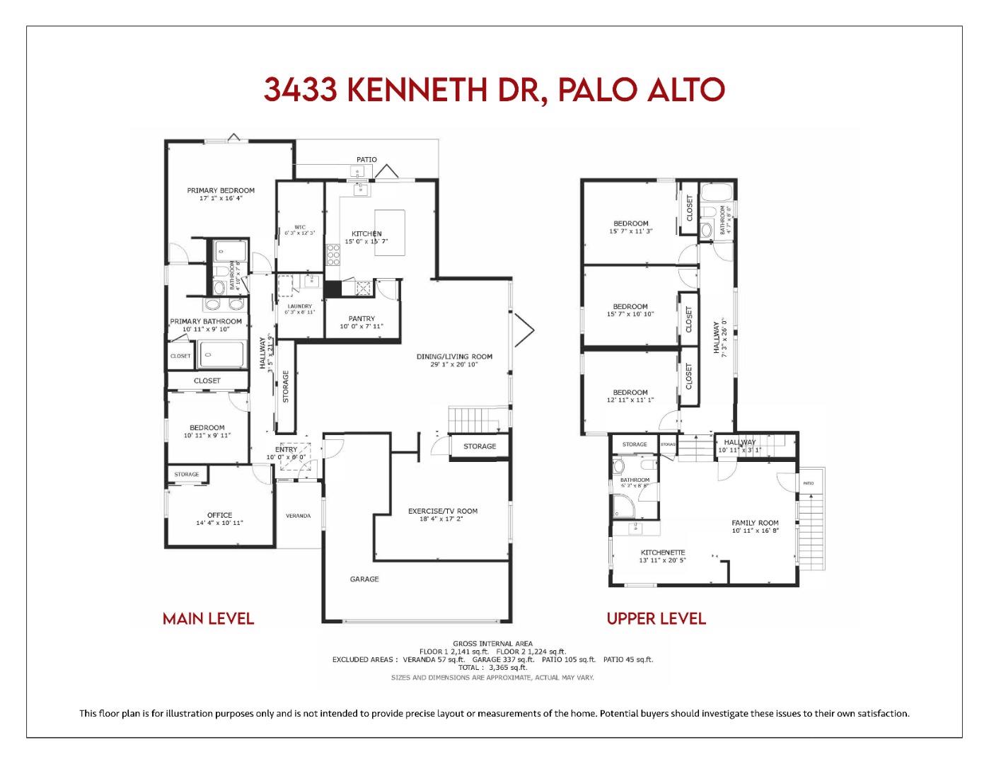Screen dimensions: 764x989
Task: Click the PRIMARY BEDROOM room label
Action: click(x=220, y=190)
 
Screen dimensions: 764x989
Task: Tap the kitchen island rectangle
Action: click(x=390, y=232)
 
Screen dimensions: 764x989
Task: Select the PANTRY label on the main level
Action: click(x=362, y=318)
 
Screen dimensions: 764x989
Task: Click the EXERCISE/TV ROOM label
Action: click(x=442, y=511)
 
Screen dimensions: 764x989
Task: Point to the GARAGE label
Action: click(x=364, y=579)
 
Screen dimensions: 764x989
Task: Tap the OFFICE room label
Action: click(x=219, y=515)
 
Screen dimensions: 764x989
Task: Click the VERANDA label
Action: click(x=298, y=516)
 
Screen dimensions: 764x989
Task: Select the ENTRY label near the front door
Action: click(x=286, y=449)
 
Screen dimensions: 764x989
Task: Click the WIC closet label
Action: click(x=300, y=227)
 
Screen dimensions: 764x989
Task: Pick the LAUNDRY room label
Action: click(x=299, y=306)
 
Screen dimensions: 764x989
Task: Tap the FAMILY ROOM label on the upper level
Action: click(x=755, y=523)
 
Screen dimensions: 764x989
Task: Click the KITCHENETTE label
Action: click(x=663, y=552)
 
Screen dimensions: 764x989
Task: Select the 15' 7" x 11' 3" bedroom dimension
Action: click(x=630, y=231)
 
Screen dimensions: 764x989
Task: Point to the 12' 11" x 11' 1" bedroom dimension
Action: click(x=630, y=400)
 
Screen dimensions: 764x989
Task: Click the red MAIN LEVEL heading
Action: click(x=208, y=619)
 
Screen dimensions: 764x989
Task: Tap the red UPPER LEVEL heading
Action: click(x=656, y=619)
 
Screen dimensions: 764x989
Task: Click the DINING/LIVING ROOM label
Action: click(x=453, y=357)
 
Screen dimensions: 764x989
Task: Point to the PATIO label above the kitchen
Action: click(x=366, y=160)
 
